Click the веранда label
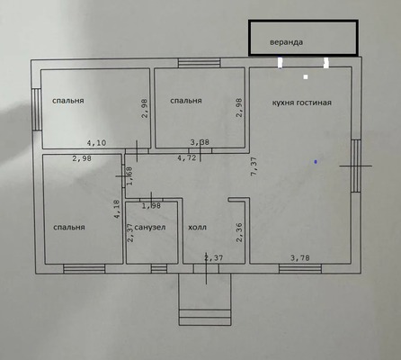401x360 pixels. pyautogui.click(x=286, y=42)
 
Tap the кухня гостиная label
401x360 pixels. pyautogui.click(x=302, y=103)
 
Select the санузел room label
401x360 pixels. pyautogui.click(x=150, y=227)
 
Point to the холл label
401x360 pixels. pyautogui.click(x=197, y=228)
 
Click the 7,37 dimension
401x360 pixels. pyautogui.click(x=254, y=166)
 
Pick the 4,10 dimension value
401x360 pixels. pyautogui.click(x=96, y=143)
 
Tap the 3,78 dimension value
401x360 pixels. pyautogui.click(x=300, y=257)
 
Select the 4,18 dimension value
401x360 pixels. pyautogui.click(x=117, y=209)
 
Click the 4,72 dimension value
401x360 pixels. pyautogui.click(x=187, y=157)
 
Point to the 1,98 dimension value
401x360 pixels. pyautogui.click(x=151, y=206)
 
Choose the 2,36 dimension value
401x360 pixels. pyautogui.click(x=239, y=232)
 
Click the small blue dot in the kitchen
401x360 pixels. pyautogui.click(x=316, y=162)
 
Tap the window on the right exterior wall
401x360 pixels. pyautogui.click(x=356, y=166)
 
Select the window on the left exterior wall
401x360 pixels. pyautogui.click(x=36, y=109)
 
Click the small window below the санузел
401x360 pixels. pyautogui.click(x=159, y=268)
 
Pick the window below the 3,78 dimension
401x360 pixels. pyautogui.click(x=300, y=268)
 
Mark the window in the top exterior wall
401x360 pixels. pyautogui.click(x=200, y=63)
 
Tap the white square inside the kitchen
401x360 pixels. pyautogui.click(x=306, y=77)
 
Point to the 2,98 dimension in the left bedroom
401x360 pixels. pyautogui.click(x=82, y=158)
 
